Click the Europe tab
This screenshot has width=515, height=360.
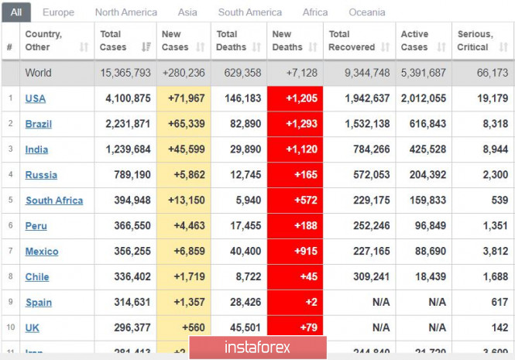58,12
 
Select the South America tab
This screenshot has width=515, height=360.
250,12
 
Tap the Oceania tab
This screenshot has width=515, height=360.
366,12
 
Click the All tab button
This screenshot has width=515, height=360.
16,12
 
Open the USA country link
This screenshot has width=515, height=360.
36,98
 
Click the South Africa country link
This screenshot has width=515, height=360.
54,201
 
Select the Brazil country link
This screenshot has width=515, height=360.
38,124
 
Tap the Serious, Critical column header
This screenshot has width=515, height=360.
475,40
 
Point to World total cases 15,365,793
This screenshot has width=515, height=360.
125,73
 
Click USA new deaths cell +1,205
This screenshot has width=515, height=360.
295,98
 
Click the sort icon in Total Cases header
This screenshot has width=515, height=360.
147,47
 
